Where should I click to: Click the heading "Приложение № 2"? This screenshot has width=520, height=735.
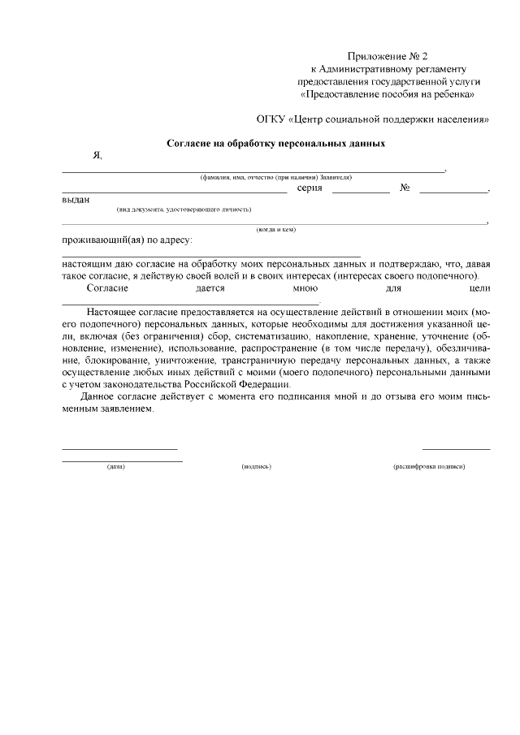click(388, 56)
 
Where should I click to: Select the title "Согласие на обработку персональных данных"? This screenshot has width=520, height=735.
click(275, 143)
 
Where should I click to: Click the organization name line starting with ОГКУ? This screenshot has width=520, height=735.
click(373, 119)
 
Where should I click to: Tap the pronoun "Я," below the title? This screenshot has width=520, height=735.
click(97, 156)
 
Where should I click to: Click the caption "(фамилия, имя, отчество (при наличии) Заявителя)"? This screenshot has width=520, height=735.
click(276, 177)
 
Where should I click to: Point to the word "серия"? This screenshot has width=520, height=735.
click(310, 188)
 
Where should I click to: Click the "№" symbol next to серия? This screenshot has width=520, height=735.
click(404, 188)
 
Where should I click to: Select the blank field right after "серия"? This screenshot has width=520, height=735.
click(361, 191)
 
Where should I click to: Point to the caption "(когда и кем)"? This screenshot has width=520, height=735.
click(276, 229)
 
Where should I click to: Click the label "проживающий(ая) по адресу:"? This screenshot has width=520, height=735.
click(127, 240)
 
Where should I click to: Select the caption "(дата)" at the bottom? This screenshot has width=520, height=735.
click(115, 467)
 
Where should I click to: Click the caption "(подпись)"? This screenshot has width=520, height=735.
click(256, 467)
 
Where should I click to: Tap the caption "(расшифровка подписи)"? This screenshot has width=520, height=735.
click(429, 467)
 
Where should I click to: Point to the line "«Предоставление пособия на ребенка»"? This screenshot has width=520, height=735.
click(388, 94)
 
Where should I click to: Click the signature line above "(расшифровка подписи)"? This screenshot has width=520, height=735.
click(456, 448)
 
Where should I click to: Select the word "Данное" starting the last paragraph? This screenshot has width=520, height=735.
click(100, 396)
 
